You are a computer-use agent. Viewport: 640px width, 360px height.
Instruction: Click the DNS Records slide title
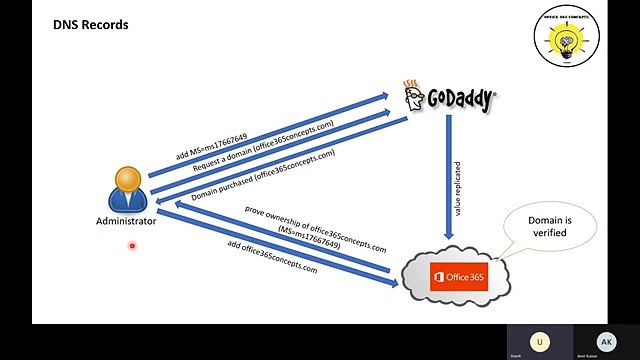tap(91, 23)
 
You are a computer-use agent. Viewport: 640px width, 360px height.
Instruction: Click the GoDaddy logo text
tap(461, 98)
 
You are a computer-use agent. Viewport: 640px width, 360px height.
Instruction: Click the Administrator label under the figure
tap(126, 221)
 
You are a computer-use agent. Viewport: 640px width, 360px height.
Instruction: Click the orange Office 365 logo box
tap(459, 276)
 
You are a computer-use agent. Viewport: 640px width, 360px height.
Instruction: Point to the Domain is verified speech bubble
tap(549, 226)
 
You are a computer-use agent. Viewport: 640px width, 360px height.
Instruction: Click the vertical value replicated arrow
tap(449, 175)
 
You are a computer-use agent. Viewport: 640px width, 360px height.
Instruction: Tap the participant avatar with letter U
tap(541, 341)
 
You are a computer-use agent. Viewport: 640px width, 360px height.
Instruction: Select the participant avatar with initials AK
tap(605, 341)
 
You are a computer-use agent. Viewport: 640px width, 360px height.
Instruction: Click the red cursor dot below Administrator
tap(132, 245)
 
